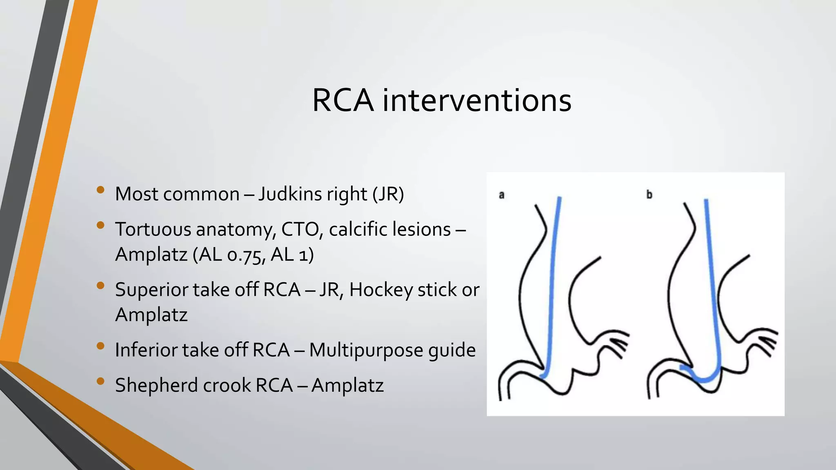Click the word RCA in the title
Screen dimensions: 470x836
pyautogui.click(x=342, y=100)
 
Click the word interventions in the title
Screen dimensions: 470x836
pyautogui.click(x=476, y=100)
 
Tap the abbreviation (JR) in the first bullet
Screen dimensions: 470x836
pyautogui.click(x=388, y=194)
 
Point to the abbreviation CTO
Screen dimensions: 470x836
pyautogui.click(x=300, y=229)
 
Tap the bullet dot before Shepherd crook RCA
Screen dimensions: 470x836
pyautogui.click(x=100, y=381)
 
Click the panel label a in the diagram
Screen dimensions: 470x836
pyautogui.click(x=502, y=195)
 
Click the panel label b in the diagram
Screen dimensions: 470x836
pyautogui.click(x=649, y=195)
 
